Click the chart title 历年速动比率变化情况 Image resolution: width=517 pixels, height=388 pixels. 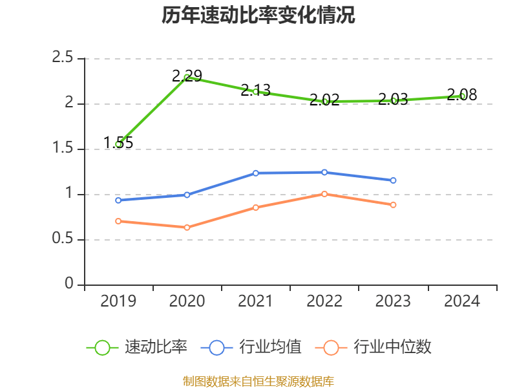coord(258,16)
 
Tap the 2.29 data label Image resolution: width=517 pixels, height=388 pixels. coord(187,76)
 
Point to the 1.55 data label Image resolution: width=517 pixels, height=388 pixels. coord(118,143)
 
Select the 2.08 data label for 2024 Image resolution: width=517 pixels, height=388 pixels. coord(462,95)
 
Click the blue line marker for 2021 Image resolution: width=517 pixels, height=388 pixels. coord(256,173)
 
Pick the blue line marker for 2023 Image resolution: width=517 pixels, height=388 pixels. coord(394,180)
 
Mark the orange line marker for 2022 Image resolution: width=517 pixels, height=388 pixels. coord(324,194)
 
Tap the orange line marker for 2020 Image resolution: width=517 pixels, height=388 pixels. coord(187,228)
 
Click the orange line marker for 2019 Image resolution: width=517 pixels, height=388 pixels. coord(118,221)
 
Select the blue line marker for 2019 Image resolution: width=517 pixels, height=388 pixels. coord(118,200)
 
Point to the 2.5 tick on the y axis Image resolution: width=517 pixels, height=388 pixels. coord(63,58)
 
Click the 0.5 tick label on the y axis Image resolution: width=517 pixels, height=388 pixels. coord(63,239)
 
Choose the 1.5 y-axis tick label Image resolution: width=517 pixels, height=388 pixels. coord(63,149)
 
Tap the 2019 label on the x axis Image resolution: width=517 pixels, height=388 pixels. coord(118,301)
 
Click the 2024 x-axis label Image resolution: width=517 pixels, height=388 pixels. coord(462,301)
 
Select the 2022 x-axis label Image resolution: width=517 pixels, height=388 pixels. coord(324,301)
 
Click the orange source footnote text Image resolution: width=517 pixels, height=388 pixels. coord(258,381)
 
